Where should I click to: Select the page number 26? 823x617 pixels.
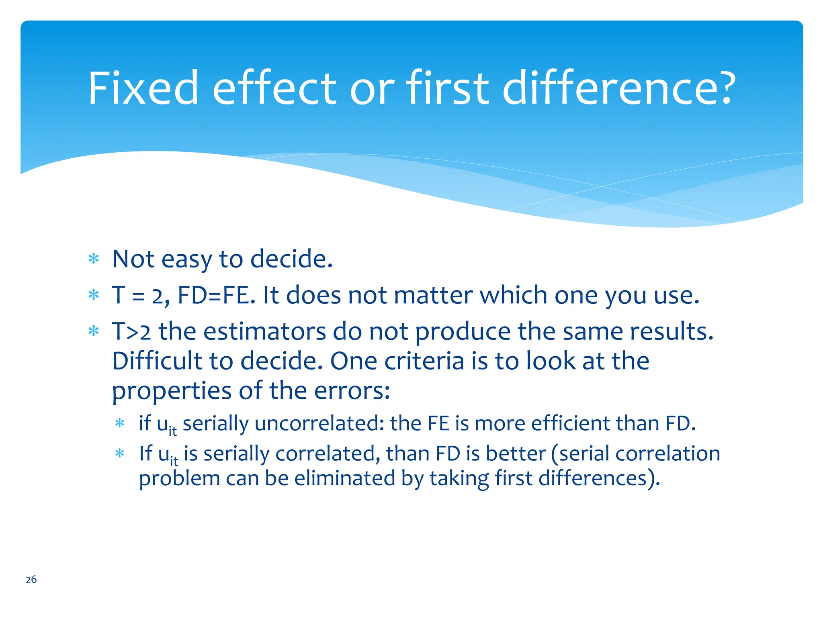coord(31,579)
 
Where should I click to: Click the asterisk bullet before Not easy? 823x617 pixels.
coord(94,259)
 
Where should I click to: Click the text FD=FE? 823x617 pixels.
coord(216,295)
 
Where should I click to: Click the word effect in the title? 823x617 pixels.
coord(274,88)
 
